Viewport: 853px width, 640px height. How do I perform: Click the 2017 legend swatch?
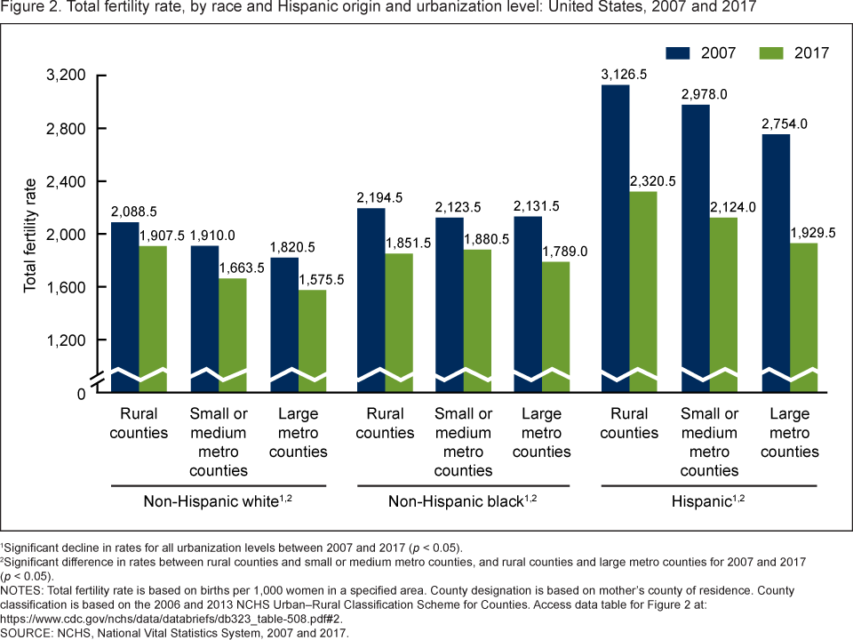pos(770,52)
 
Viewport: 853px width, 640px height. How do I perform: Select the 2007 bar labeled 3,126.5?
pos(615,231)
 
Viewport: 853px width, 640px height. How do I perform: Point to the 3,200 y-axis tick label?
pos(64,76)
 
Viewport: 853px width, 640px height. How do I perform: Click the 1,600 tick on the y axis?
pos(64,287)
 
